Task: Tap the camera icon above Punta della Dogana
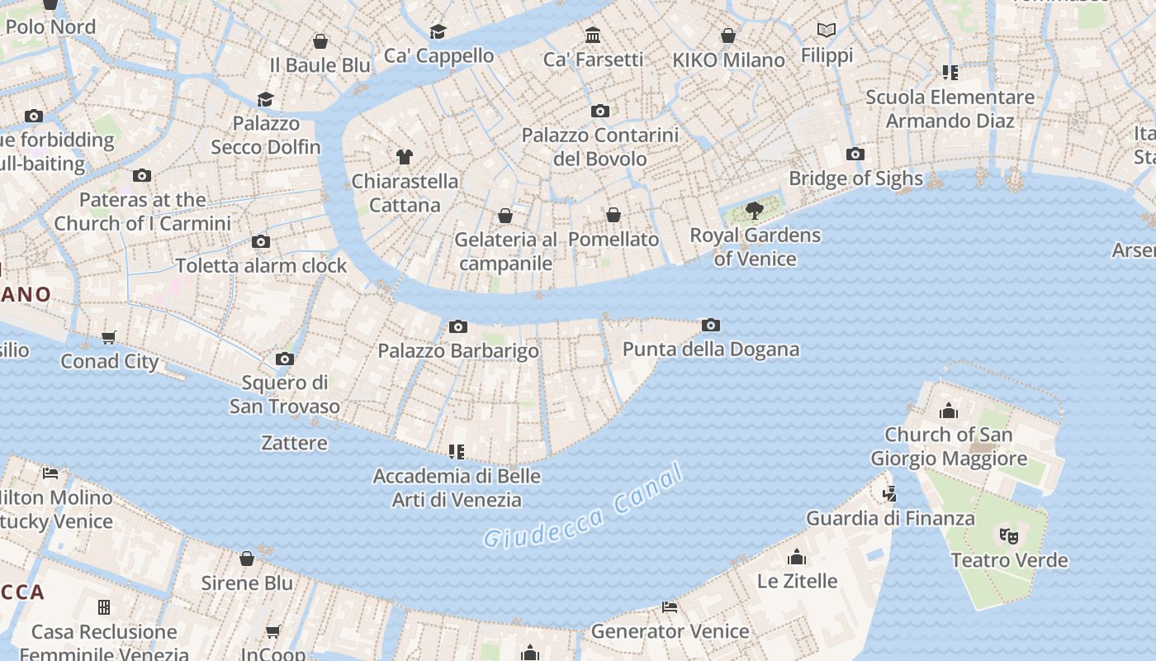click(x=710, y=326)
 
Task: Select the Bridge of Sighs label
click(x=855, y=178)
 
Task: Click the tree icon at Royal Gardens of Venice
click(x=754, y=211)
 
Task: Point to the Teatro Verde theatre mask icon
click(x=1008, y=536)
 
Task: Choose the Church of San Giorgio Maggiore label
click(x=949, y=446)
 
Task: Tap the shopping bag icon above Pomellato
click(x=614, y=216)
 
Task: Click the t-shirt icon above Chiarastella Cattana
click(x=404, y=157)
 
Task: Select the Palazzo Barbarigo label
click(x=457, y=351)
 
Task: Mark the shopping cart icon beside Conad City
click(x=109, y=337)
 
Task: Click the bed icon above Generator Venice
click(x=670, y=607)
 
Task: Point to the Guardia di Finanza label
click(x=890, y=519)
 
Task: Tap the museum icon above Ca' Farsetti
click(x=592, y=36)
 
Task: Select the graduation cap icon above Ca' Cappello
click(x=438, y=32)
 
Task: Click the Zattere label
click(x=294, y=443)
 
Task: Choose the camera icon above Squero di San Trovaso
click(x=284, y=359)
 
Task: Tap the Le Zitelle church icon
click(x=797, y=557)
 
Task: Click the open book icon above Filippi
click(x=827, y=31)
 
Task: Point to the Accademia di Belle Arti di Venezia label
click(x=457, y=487)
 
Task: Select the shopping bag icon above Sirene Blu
click(x=246, y=559)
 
